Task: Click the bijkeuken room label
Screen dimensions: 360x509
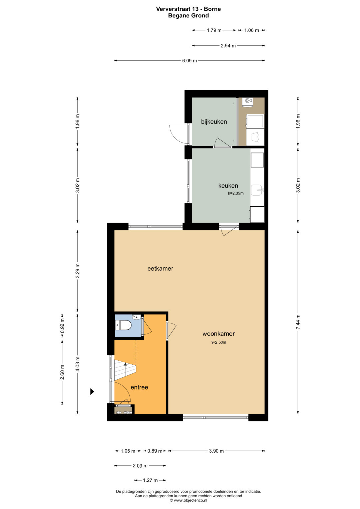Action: click(x=214, y=122)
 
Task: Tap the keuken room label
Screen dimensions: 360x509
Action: click(x=228, y=186)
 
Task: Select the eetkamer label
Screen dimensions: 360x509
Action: click(x=160, y=268)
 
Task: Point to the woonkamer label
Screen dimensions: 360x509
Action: click(x=218, y=334)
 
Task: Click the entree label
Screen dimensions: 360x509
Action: click(x=139, y=387)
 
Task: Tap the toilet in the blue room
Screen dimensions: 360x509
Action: click(x=123, y=325)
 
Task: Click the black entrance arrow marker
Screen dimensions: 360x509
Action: click(x=92, y=392)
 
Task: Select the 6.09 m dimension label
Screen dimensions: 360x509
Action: click(x=190, y=61)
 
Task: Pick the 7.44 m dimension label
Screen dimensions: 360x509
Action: click(x=298, y=322)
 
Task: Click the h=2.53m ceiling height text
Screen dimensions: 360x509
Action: click(x=218, y=342)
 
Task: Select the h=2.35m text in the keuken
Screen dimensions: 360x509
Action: click(x=236, y=193)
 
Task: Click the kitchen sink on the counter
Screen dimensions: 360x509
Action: click(x=257, y=190)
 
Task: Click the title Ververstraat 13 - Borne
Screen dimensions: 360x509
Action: click(x=188, y=9)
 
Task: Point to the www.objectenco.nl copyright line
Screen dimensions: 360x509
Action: click(x=188, y=500)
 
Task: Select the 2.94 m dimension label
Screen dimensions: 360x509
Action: click(x=228, y=46)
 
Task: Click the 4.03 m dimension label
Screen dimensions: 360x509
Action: click(x=77, y=364)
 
